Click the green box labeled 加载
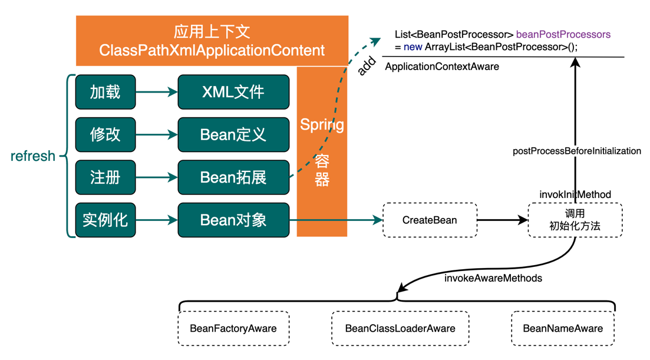(x=105, y=92)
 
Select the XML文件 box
(x=233, y=92)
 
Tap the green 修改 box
(x=105, y=134)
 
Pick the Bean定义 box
(x=233, y=134)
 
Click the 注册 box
(x=105, y=177)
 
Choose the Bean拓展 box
(x=233, y=177)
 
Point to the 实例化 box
(x=105, y=220)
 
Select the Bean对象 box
(x=233, y=220)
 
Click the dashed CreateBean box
(x=430, y=220)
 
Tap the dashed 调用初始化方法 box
(x=575, y=220)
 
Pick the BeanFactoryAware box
(x=233, y=328)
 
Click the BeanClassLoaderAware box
(x=400, y=328)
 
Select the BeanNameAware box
(x=563, y=328)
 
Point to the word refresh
(x=33, y=156)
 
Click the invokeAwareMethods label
(x=493, y=278)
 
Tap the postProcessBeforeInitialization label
(x=577, y=151)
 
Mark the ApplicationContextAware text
(x=442, y=67)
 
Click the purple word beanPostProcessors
(x=563, y=34)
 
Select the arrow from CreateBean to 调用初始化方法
(x=502, y=220)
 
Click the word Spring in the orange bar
(x=322, y=125)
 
